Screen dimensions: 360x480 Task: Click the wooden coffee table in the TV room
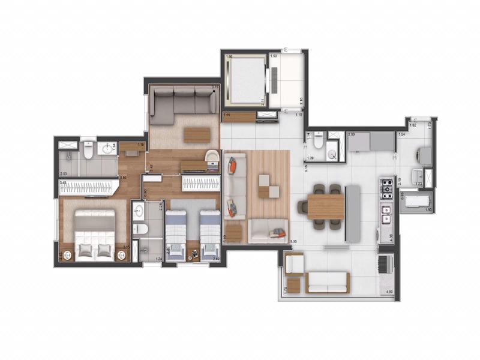coord(196,134)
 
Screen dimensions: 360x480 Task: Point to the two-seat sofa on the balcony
coord(328,281)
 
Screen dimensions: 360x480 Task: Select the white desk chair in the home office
coord(212,158)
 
